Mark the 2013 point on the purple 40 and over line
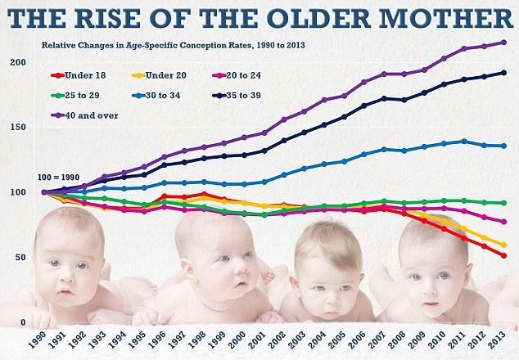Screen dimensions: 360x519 click(503, 43)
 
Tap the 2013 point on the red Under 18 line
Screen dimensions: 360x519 click(503, 256)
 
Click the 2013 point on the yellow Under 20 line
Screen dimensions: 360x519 click(503, 245)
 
